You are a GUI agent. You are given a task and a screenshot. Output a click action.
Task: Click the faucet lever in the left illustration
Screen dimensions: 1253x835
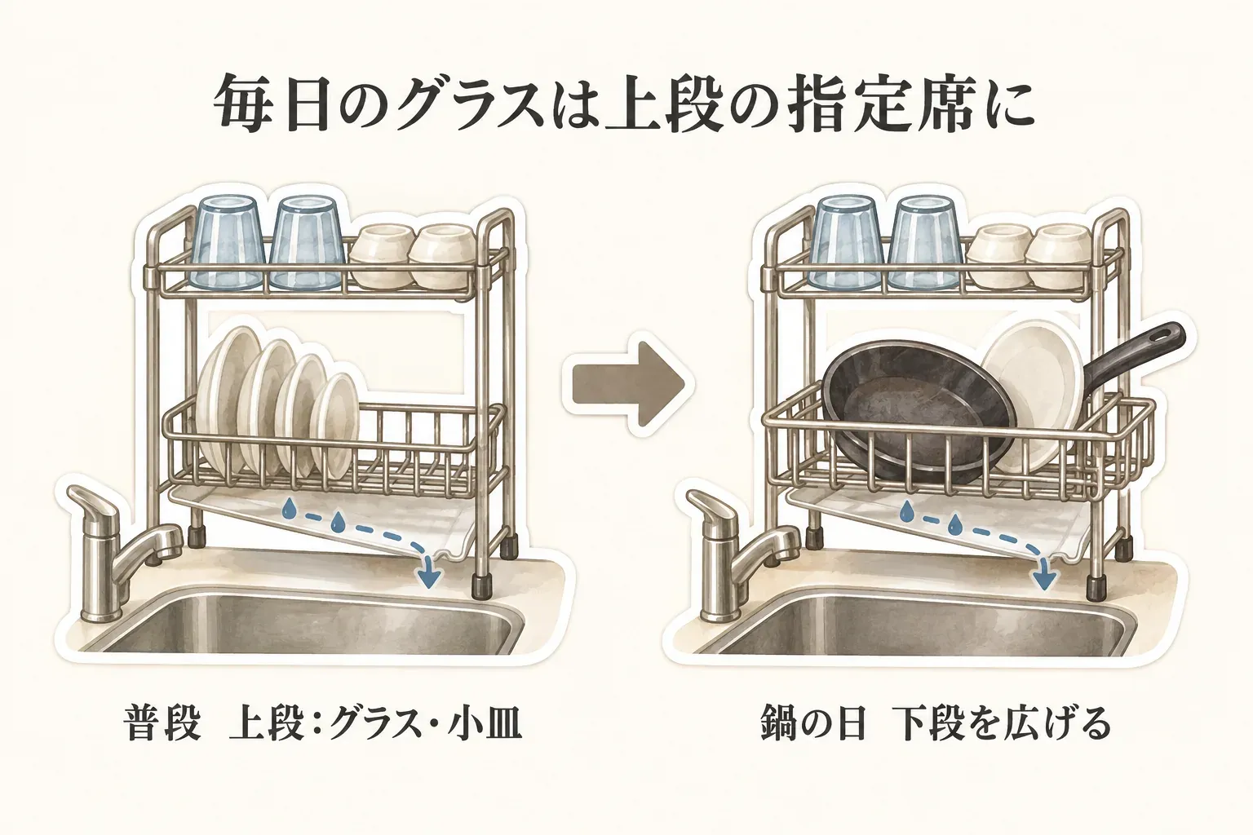point(93,507)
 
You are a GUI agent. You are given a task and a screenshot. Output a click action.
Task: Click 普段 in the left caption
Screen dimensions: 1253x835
point(162,725)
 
